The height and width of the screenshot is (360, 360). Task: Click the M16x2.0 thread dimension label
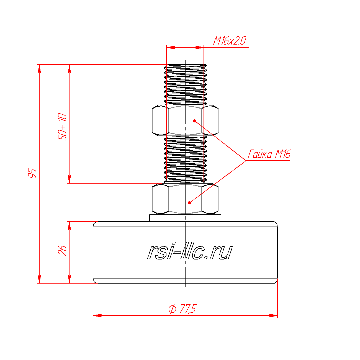coord(229,41)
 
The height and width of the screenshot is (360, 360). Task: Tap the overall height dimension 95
coord(32,173)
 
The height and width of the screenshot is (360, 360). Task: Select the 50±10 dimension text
coord(62,127)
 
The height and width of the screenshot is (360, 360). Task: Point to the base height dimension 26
coord(62,251)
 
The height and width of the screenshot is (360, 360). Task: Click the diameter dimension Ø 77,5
coord(182,308)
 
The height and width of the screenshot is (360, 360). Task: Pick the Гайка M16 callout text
coord(269,154)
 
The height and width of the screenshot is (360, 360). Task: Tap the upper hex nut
coord(185,120)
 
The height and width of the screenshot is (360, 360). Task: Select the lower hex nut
coord(185,199)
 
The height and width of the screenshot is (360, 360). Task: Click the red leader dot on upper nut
coord(194,121)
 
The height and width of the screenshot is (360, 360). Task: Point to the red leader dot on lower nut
coord(189,203)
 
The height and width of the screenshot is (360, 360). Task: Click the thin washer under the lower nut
coord(185,218)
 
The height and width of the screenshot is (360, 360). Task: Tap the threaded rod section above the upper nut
coord(185,85)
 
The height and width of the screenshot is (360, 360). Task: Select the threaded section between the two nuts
coord(185,160)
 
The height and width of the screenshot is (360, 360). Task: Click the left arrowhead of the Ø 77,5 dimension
coord(97,315)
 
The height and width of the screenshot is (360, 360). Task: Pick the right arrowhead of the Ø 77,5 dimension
coord(273,315)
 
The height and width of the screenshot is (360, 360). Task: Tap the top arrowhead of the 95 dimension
coord(39,69)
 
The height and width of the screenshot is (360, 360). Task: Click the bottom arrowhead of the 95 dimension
coord(39,279)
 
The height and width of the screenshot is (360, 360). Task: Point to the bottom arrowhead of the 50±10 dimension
coord(69,179)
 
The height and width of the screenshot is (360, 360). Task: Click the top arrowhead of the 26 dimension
coord(69,226)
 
